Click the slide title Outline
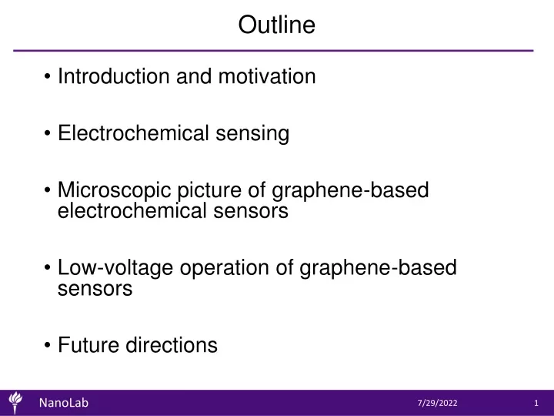coord(277,25)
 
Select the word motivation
coord(267,76)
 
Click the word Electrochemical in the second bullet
coord(134,133)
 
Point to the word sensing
coord(252,134)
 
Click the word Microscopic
coord(114,191)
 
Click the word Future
coord(88,345)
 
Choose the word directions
coord(172,345)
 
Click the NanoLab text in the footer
coord(64,403)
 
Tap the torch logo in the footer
coord(15,403)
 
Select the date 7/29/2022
coord(437,403)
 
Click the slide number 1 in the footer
coord(536,403)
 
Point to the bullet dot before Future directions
coord(48,345)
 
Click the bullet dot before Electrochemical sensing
coord(48,133)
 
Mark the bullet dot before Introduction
coord(48,76)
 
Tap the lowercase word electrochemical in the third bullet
coord(132,211)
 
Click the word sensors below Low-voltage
coord(95,289)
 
